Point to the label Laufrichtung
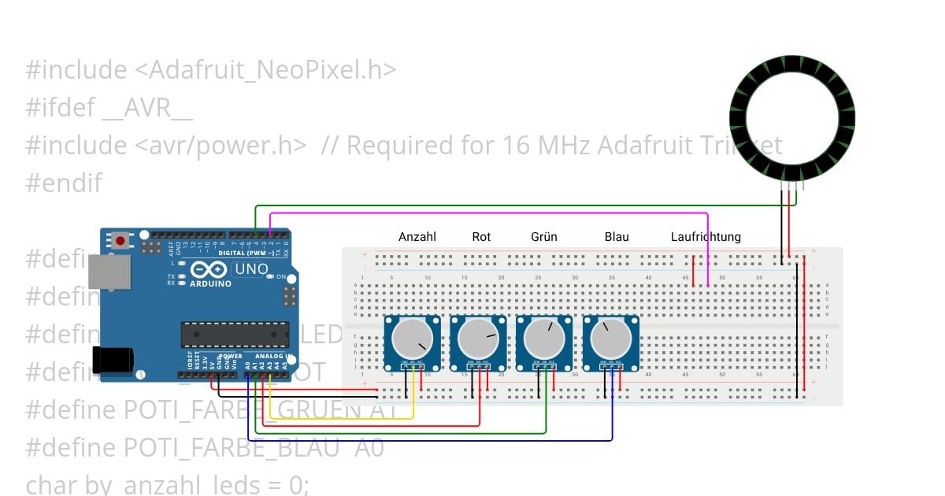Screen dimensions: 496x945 tap(706, 236)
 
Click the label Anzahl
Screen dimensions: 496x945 tap(417, 236)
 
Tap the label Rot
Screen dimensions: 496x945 tap(481, 236)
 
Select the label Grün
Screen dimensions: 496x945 tap(544, 236)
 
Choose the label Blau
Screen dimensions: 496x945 tap(617, 236)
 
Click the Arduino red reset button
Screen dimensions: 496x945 tap(120, 240)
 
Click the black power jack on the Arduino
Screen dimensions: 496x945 tap(113, 359)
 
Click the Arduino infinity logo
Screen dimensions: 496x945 tap(209, 268)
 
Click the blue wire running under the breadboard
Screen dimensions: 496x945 tap(433, 440)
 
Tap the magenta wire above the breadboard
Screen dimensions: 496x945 tap(488, 213)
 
